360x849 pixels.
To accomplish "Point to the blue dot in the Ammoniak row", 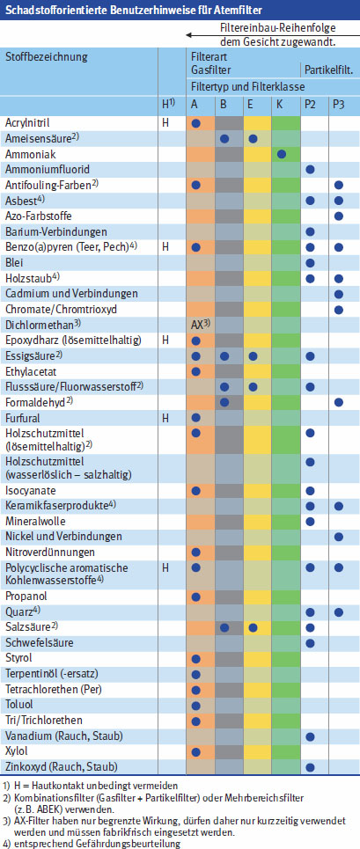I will (x=281, y=154).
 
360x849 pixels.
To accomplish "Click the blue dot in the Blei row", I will (x=310, y=262).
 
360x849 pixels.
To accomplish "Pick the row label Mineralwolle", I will (x=35, y=521).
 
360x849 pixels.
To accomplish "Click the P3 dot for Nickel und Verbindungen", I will (x=339, y=536).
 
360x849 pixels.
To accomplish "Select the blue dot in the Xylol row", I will (x=196, y=750).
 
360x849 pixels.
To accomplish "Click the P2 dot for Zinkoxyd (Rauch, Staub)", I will (x=310, y=766).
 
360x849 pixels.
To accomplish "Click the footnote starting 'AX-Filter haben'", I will (x=176, y=819).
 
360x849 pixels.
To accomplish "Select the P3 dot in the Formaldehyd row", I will (x=339, y=402).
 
